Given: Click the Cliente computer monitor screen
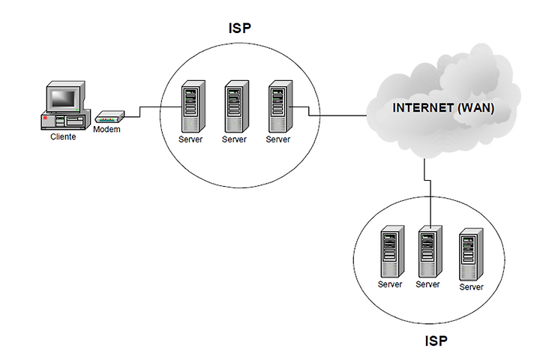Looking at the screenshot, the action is tap(63, 98).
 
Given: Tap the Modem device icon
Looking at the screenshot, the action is tap(109, 117).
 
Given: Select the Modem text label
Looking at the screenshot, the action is tap(106, 130).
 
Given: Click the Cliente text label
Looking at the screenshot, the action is tap(63, 136).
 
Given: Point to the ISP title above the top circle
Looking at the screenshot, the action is tap(240, 28).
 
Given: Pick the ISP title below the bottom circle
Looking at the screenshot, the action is tap(436, 341).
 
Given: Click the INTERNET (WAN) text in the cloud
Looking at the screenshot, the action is tap(443, 108).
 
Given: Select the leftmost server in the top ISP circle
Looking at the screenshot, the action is tap(193, 106).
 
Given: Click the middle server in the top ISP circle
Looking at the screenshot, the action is tap(237, 106).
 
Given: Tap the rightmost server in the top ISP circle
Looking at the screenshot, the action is tap(280, 106).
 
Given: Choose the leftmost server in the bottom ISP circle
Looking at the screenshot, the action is tap(392, 252).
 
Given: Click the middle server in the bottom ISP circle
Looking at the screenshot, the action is tap(430, 252).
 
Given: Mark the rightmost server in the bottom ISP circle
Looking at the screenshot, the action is tap(471, 254).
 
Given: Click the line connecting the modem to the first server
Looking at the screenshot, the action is tap(140, 112).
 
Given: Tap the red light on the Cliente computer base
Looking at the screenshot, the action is tap(45, 118).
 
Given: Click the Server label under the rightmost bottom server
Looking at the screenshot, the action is tap(471, 287).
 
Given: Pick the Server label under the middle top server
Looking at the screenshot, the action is tap(234, 139).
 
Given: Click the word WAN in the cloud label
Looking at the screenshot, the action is tap(476, 108).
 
